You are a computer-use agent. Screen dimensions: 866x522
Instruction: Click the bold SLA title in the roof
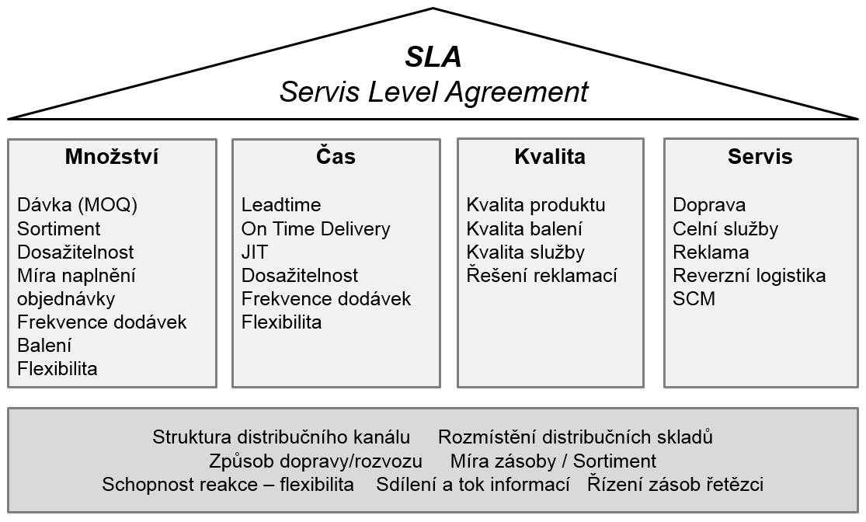pyautogui.click(x=433, y=57)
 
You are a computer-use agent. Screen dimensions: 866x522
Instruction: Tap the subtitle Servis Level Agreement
pyautogui.click(x=433, y=92)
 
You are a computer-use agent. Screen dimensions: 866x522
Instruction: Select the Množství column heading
pyautogui.click(x=112, y=156)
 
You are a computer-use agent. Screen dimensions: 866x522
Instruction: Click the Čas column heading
pyautogui.click(x=336, y=156)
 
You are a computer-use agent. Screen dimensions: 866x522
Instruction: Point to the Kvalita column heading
pyautogui.click(x=550, y=156)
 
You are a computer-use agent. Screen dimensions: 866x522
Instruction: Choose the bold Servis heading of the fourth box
pyautogui.click(x=760, y=156)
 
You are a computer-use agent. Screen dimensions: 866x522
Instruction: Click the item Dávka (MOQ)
pyautogui.click(x=78, y=205)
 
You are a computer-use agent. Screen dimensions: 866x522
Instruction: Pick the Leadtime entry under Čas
pyautogui.click(x=281, y=205)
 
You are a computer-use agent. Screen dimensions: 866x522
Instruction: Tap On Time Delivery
pyautogui.click(x=316, y=228)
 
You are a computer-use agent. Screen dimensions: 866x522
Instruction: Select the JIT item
pyautogui.click(x=255, y=252)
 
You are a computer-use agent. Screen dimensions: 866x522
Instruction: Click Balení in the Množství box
pyautogui.click(x=44, y=345)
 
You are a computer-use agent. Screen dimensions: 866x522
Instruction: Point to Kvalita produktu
pyautogui.click(x=536, y=205)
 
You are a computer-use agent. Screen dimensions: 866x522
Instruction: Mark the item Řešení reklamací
pyautogui.click(x=542, y=275)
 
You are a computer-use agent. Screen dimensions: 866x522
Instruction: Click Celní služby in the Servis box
pyautogui.click(x=725, y=228)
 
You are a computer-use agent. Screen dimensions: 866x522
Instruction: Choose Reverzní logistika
pyautogui.click(x=749, y=275)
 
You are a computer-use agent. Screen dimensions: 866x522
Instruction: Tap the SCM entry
pyautogui.click(x=694, y=299)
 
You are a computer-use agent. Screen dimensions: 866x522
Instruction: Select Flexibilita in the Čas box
pyautogui.click(x=282, y=322)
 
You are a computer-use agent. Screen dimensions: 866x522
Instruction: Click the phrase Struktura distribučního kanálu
pyautogui.click(x=281, y=437)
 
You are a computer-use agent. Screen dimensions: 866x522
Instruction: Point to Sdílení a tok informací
pyautogui.click(x=473, y=485)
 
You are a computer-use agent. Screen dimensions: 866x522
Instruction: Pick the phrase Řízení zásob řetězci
pyautogui.click(x=676, y=485)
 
